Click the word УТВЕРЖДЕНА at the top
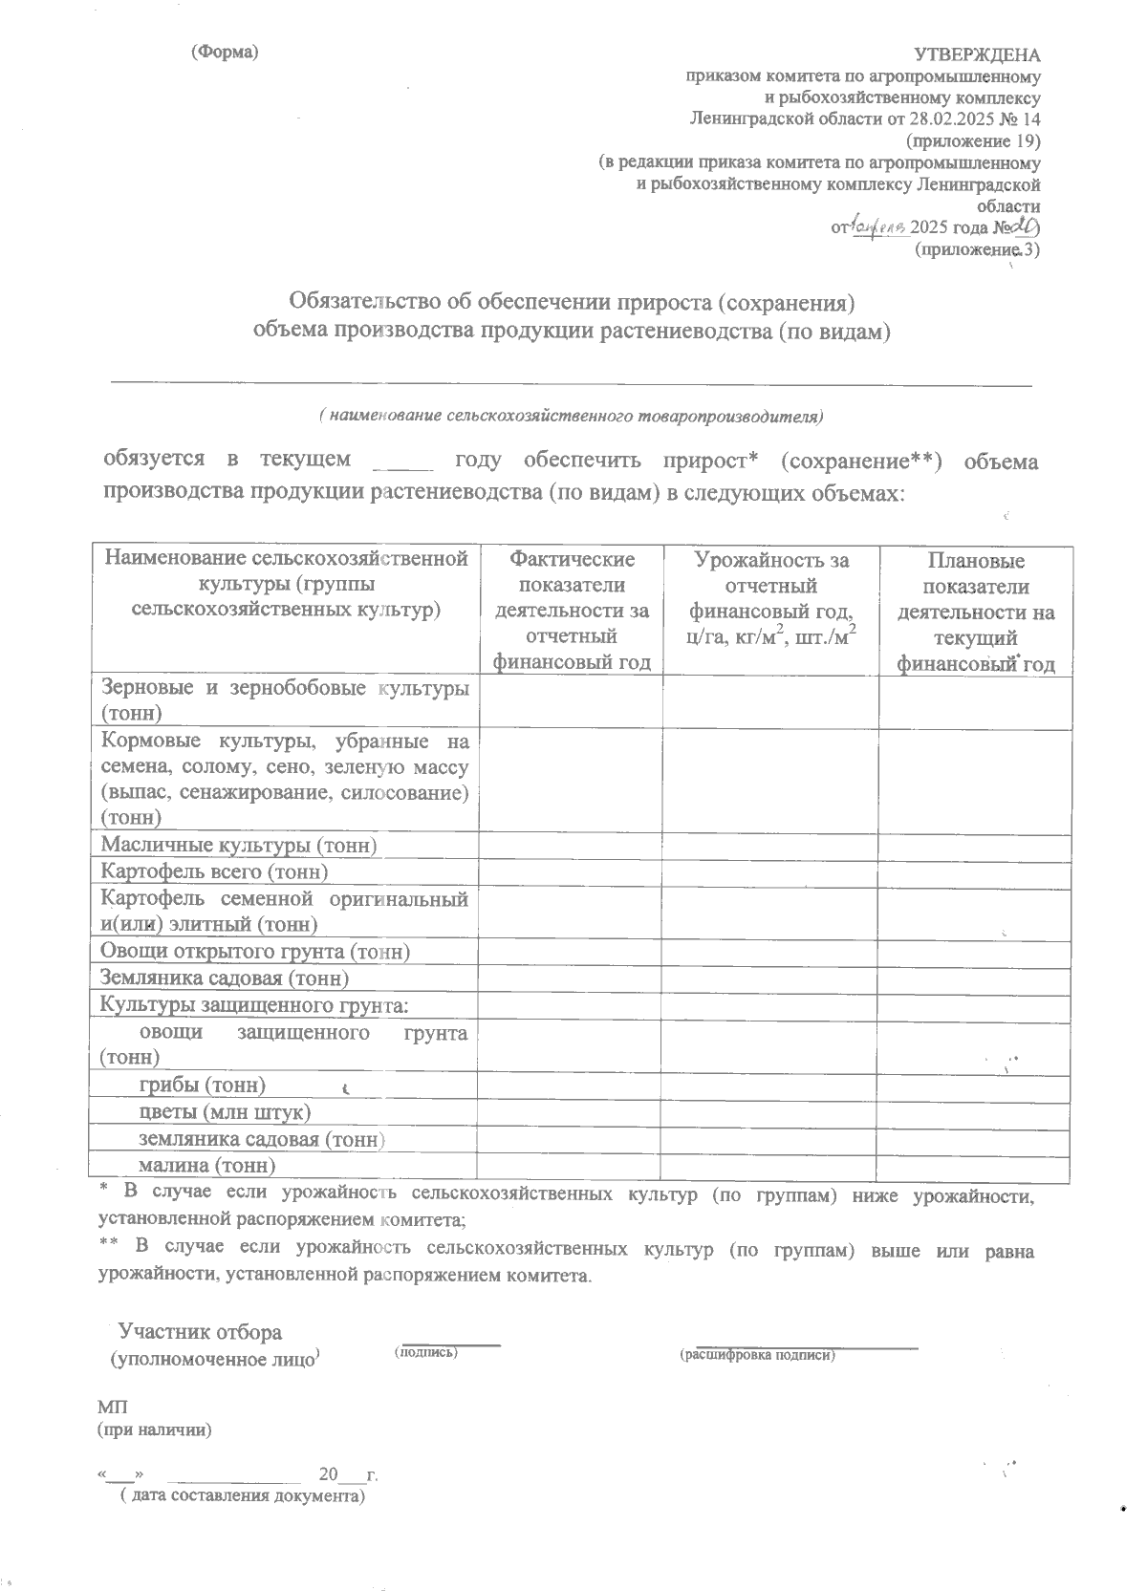977,54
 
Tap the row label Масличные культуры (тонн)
239,845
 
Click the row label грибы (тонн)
202,1085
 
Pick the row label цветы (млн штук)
225,1112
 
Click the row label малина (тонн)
206,1166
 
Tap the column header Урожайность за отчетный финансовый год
770,598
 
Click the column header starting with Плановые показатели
975,612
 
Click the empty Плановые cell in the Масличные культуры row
975,845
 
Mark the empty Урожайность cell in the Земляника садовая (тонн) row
770,978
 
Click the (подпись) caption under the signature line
425,1352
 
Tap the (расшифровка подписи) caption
758,1355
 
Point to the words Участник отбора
200,1332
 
